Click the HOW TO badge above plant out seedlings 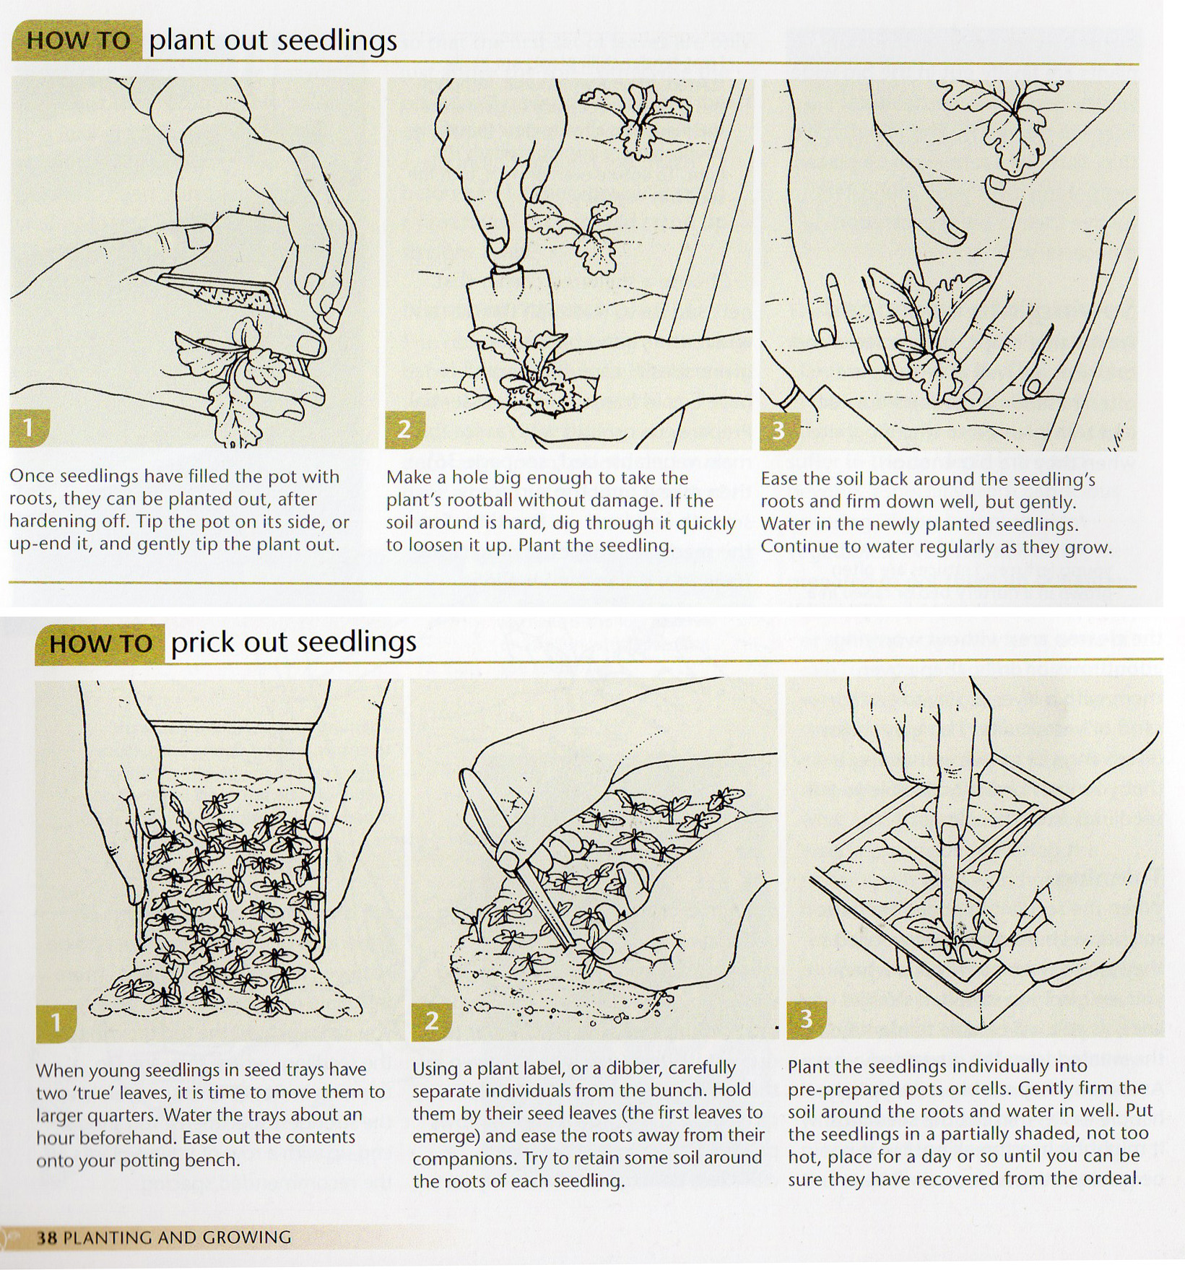(x=77, y=40)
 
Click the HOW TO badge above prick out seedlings (x=100, y=643)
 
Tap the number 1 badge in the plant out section (x=28, y=429)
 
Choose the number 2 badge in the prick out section (x=431, y=1021)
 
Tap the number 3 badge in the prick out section (x=806, y=1019)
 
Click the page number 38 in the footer (x=47, y=1238)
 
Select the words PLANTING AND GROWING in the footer (x=178, y=1238)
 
